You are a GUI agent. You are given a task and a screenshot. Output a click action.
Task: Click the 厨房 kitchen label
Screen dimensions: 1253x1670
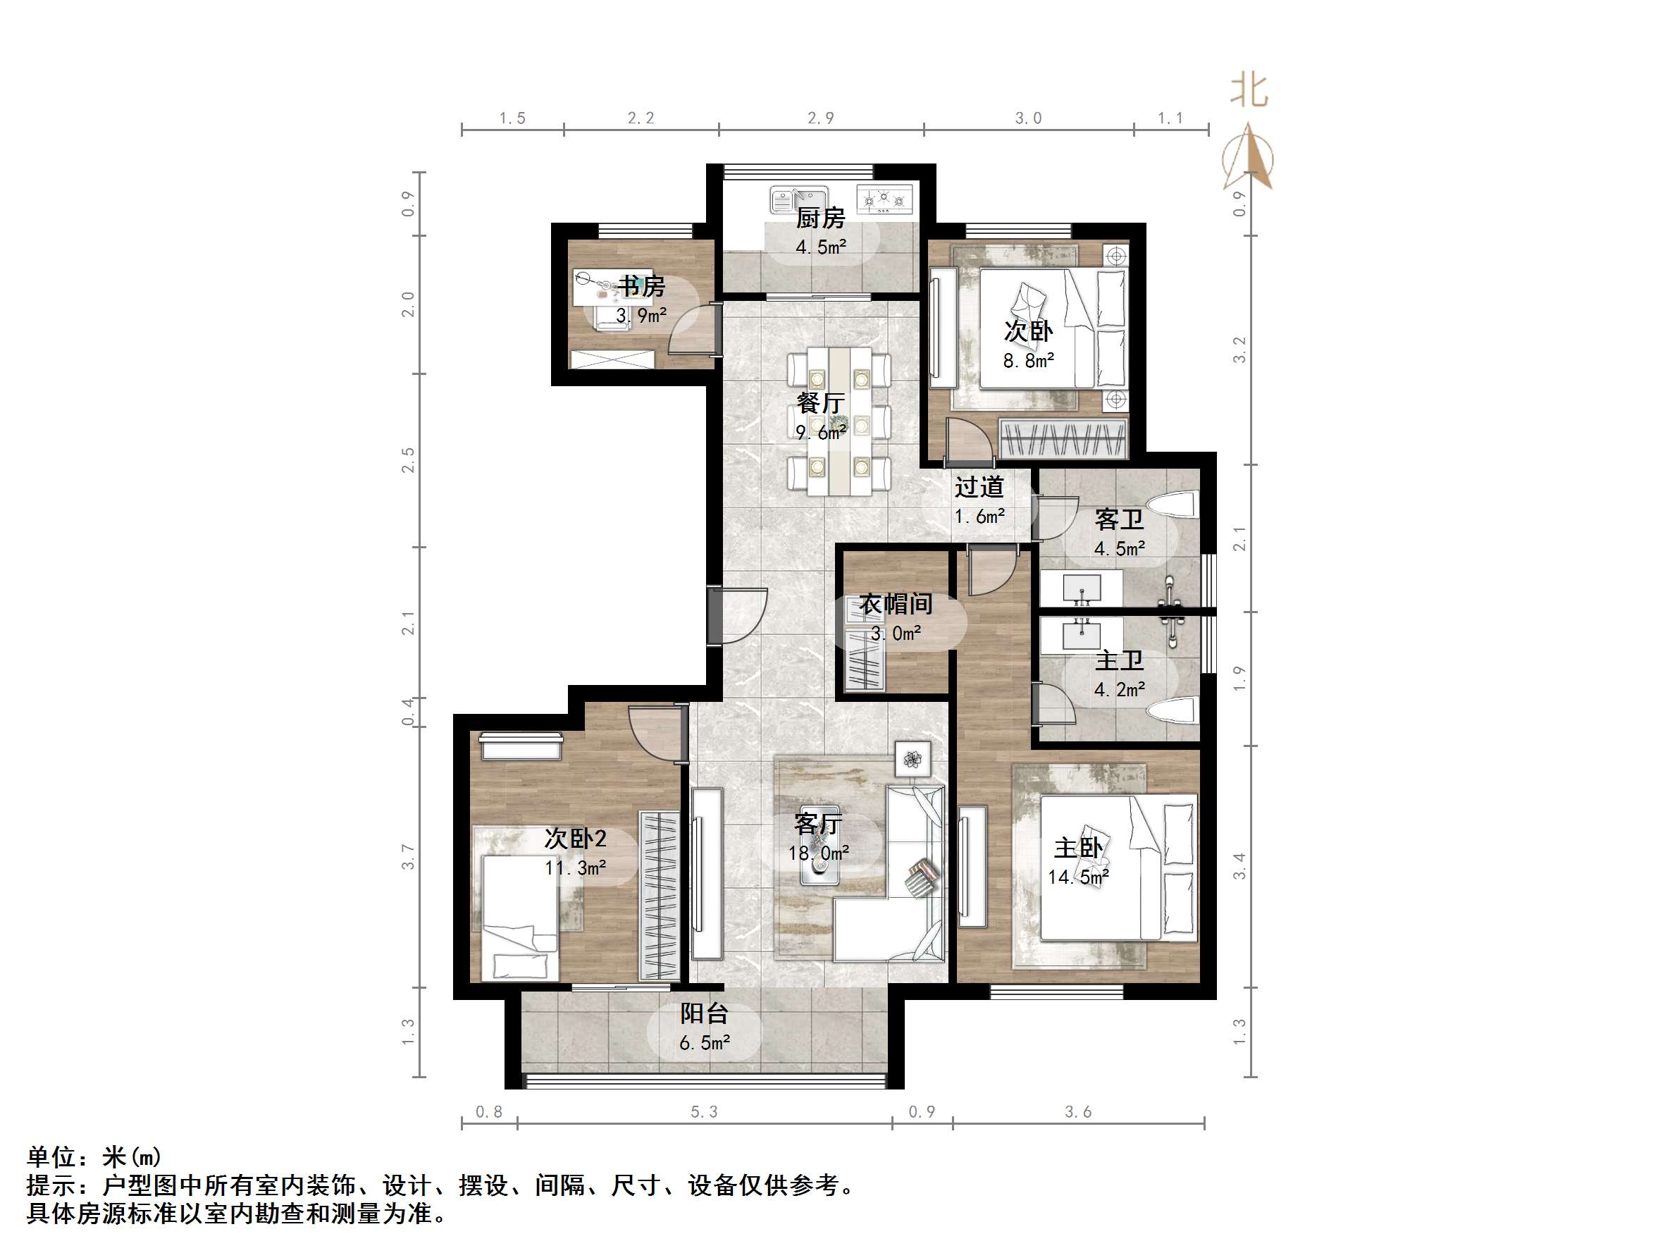pyautogui.click(x=820, y=218)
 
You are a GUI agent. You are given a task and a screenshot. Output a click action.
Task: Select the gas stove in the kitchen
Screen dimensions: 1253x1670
pyautogui.click(x=884, y=199)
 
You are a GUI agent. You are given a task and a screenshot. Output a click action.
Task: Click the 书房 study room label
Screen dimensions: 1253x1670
pyautogui.click(x=642, y=286)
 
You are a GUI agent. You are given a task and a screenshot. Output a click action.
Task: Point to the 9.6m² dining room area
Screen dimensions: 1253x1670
pyautogui.click(x=821, y=432)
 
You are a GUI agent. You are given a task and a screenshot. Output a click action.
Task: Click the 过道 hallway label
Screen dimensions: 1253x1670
pyautogui.click(x=979, y=487)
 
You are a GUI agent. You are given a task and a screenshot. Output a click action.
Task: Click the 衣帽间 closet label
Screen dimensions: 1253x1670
pyautogui.click(x=896, y=604)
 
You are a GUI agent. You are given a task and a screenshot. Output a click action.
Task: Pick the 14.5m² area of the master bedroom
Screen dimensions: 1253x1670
pyautogui.click(x=1078, y=877)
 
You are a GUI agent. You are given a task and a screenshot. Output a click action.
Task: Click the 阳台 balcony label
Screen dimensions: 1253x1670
pyautogui.click(x=704, y=1013)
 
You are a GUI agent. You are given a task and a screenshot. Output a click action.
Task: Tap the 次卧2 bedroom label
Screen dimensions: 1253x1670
pyautogui.click(x=575, y=839)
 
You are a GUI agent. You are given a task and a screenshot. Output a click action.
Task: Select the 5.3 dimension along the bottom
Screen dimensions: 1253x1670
pyautogui.click(x=704, y=1112)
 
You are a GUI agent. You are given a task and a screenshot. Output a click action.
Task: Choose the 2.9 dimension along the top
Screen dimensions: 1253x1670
pyautogui.click(x=821, y=118)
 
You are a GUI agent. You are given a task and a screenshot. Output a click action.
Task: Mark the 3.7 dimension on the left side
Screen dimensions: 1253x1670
pyautogui.click(x=409, y=856)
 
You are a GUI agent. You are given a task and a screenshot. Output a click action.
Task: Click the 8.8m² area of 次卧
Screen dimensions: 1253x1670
pyautogui.click(x=1028, y=361)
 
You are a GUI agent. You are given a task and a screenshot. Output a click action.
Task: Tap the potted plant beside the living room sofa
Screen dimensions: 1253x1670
pyautogui.click(x=913, y=758)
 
